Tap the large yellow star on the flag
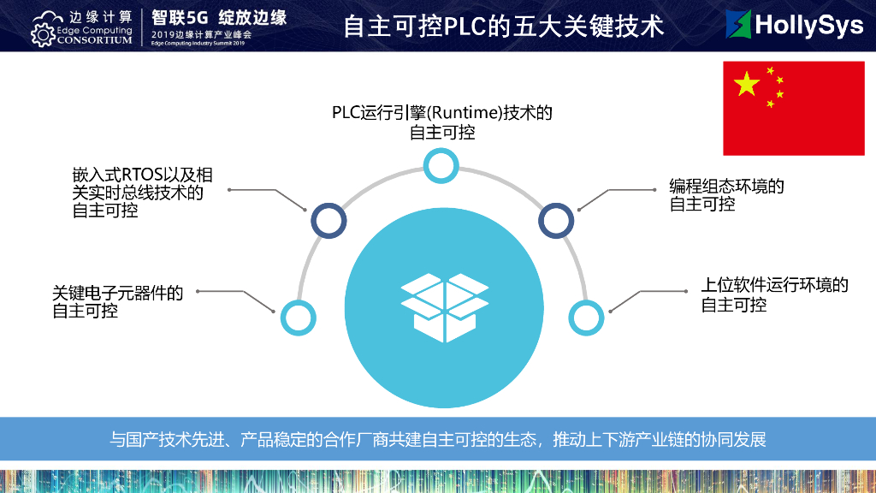click(746, 83)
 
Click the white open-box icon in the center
click(444, 306)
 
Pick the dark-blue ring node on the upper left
click(328, 220)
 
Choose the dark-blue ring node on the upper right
click(556, 220)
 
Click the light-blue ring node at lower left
click(299, 318)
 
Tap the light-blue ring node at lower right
click(586, 318)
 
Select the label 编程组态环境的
click(726, 186)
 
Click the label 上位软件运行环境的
click(774, 285)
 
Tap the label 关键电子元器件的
click(118, 293)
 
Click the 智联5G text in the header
click(180, 16)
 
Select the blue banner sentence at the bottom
click(437, 440)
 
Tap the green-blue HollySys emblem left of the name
click(737, 25)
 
